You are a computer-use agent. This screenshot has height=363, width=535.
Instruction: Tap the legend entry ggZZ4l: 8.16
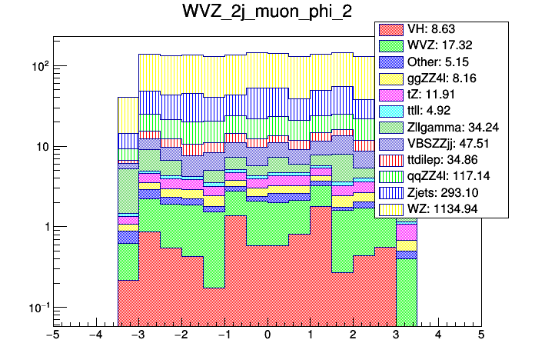pos(443,78)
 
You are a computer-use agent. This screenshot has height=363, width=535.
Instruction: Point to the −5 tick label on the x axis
pos(52,336)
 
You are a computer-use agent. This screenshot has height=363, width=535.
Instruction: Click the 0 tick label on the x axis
pos(267,336)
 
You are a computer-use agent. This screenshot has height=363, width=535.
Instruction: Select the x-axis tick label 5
pos(481,336)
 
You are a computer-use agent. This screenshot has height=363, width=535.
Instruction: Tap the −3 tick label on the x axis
pos(138,336)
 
